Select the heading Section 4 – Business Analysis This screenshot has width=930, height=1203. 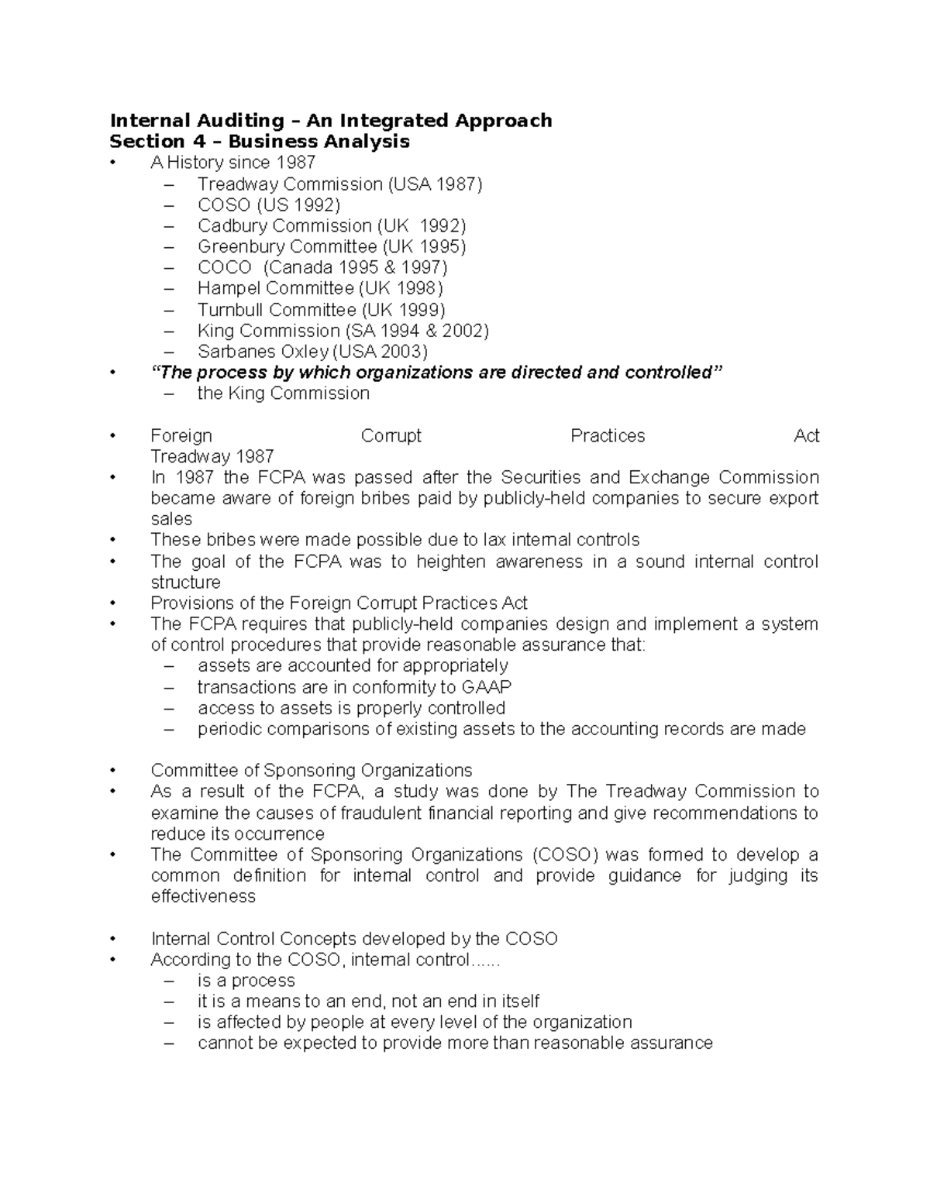coord(260,141)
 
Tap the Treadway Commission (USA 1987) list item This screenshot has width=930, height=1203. coord(339,184)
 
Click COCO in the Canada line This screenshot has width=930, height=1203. coord(224,267)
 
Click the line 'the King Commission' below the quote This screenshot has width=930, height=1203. coord(283,394)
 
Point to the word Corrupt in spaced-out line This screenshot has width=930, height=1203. coord(391,436)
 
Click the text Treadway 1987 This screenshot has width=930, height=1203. coord(212,457)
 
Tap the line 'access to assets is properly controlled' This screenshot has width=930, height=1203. coord(351,708)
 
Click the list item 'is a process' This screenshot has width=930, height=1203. coord(246,980)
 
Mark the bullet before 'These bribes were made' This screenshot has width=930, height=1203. coord(113,541)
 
